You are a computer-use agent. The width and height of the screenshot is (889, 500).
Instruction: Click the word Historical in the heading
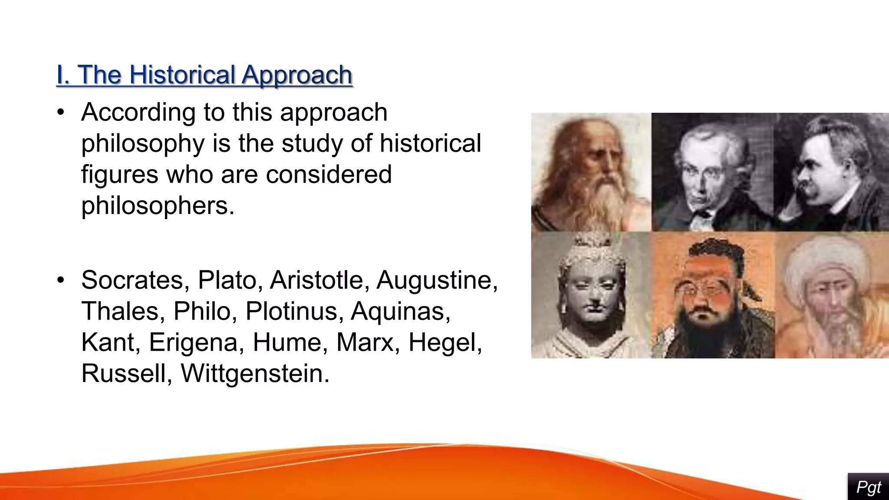pos(182,75)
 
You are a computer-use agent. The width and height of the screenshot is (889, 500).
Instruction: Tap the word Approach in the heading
pos(297,76)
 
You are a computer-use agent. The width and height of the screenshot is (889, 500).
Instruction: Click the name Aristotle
pos(316,280)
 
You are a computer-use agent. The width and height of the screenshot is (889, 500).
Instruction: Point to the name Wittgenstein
pos(255,373)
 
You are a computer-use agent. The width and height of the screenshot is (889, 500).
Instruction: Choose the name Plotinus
pos(291,311)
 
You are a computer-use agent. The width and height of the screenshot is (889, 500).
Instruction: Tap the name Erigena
pos(194,342)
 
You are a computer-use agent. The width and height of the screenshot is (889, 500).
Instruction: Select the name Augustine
pos(436,280)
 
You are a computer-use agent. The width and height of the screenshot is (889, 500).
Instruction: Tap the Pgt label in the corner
pos(868,487)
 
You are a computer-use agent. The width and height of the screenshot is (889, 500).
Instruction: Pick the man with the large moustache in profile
pos(825,174)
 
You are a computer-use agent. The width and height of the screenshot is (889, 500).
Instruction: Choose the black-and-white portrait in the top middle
pos(712,174)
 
